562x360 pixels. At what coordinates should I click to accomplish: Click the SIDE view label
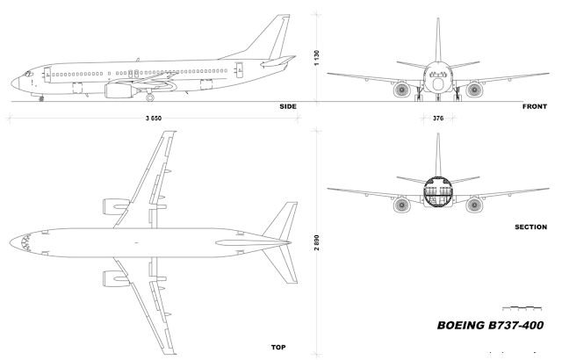coord(288,106)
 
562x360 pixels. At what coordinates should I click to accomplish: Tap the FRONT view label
coord(536,106)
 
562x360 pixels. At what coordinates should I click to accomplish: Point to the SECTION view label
coord(531,227)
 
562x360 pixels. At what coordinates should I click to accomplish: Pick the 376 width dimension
coord(438,118)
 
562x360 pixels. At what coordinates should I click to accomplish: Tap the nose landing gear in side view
coord(41,98)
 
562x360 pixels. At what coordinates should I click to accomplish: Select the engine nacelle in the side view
coord(119,89)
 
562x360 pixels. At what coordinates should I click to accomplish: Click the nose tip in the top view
coord(11,240)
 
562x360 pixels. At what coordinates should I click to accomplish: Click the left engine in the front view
coord(402,89)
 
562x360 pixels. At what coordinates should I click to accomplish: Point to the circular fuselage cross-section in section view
coord(438,195)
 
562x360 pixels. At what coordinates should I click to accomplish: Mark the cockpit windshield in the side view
coord(26,71)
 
